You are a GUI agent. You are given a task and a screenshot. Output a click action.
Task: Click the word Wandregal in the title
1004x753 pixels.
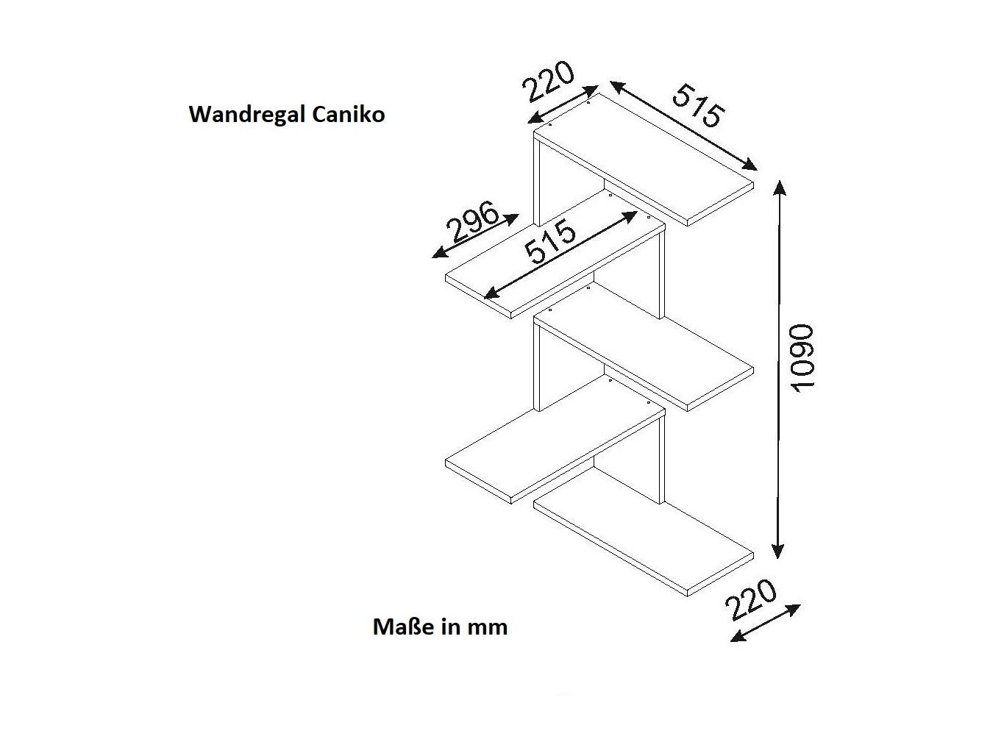point(246,115)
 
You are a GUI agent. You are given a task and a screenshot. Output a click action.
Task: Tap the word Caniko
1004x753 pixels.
point(348,114)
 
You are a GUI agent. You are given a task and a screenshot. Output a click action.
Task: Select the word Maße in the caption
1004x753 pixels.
point(404,627)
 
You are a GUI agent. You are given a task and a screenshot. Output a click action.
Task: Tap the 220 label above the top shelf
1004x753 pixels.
point(548,82)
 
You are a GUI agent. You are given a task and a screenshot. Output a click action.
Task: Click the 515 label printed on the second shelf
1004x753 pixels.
point(549,242)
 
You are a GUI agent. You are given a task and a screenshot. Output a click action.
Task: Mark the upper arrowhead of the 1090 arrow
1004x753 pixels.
point(780,187)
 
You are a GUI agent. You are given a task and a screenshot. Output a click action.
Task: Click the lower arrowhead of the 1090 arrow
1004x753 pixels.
point(777,551)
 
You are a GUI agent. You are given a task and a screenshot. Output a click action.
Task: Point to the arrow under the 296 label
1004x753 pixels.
point(475,236)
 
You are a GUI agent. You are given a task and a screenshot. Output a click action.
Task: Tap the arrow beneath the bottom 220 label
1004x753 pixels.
point(765,623)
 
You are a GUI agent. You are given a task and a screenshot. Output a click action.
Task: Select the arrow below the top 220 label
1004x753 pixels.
point(563,104)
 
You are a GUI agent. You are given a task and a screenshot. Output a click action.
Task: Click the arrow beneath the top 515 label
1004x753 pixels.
point(683,126)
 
